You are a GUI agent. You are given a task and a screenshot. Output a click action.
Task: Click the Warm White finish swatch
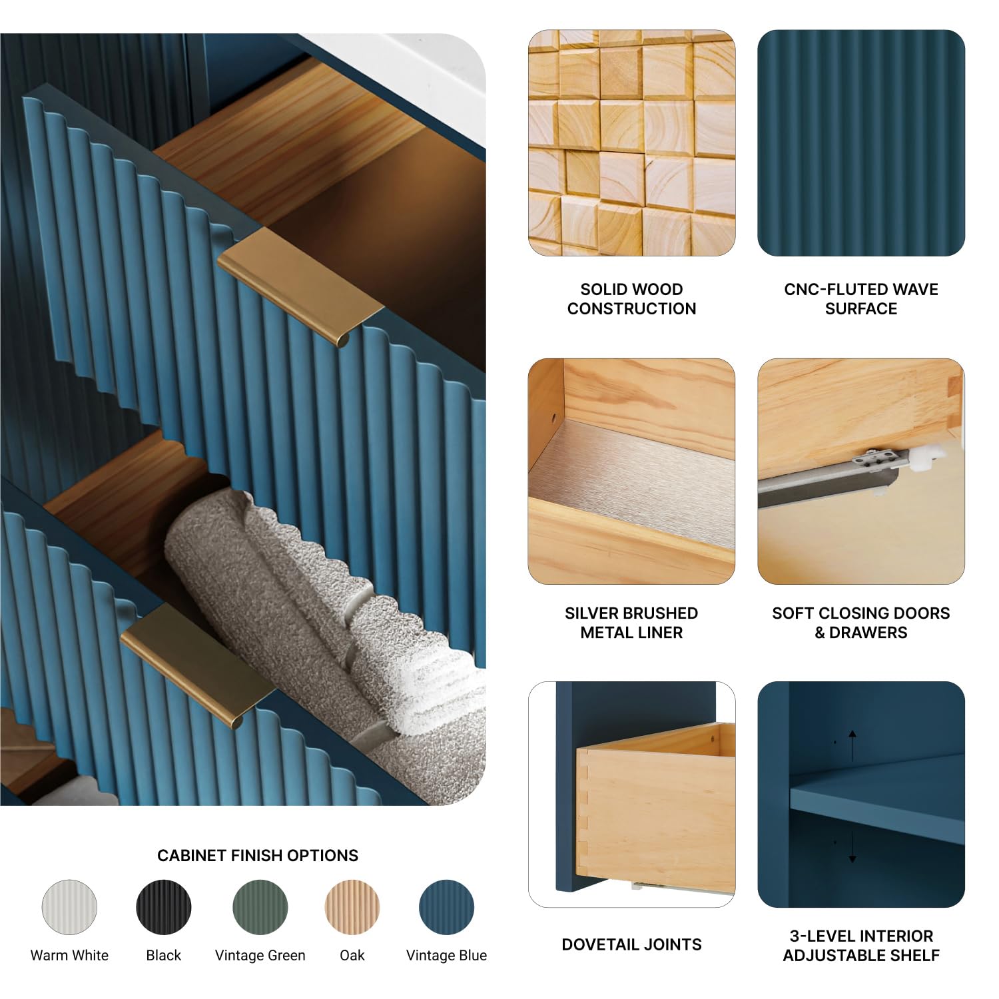tap(69, 907)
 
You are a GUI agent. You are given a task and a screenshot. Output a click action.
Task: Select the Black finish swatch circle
tap(164, 907)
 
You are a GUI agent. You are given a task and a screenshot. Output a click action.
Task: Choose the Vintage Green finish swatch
tap(260, 907)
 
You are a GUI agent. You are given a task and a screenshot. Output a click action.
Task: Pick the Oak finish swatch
tap(352, 907)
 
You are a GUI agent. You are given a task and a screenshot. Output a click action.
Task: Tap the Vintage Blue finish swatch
tap(446, 907)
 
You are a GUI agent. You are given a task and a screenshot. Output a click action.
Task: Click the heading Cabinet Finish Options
tap(258, 855)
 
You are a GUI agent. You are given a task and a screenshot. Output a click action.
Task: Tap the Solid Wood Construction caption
tap(631, 299)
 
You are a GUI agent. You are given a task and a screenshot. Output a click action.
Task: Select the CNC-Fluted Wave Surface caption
tap(861, 299)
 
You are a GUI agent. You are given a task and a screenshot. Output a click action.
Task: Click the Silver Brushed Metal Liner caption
tap(631, 623)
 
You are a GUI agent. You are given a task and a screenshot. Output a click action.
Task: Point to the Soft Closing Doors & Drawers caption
tap(861, 623)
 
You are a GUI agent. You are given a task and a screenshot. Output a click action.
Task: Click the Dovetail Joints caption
tap(631, 944)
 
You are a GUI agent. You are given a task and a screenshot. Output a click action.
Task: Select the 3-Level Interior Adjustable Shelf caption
tap(861, 946)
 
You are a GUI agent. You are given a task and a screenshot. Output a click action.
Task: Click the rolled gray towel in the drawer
tap(320, 619)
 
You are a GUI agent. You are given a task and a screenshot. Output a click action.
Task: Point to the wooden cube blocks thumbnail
tap(631, 143)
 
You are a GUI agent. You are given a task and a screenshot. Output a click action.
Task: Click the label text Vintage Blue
tap(446, 955)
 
